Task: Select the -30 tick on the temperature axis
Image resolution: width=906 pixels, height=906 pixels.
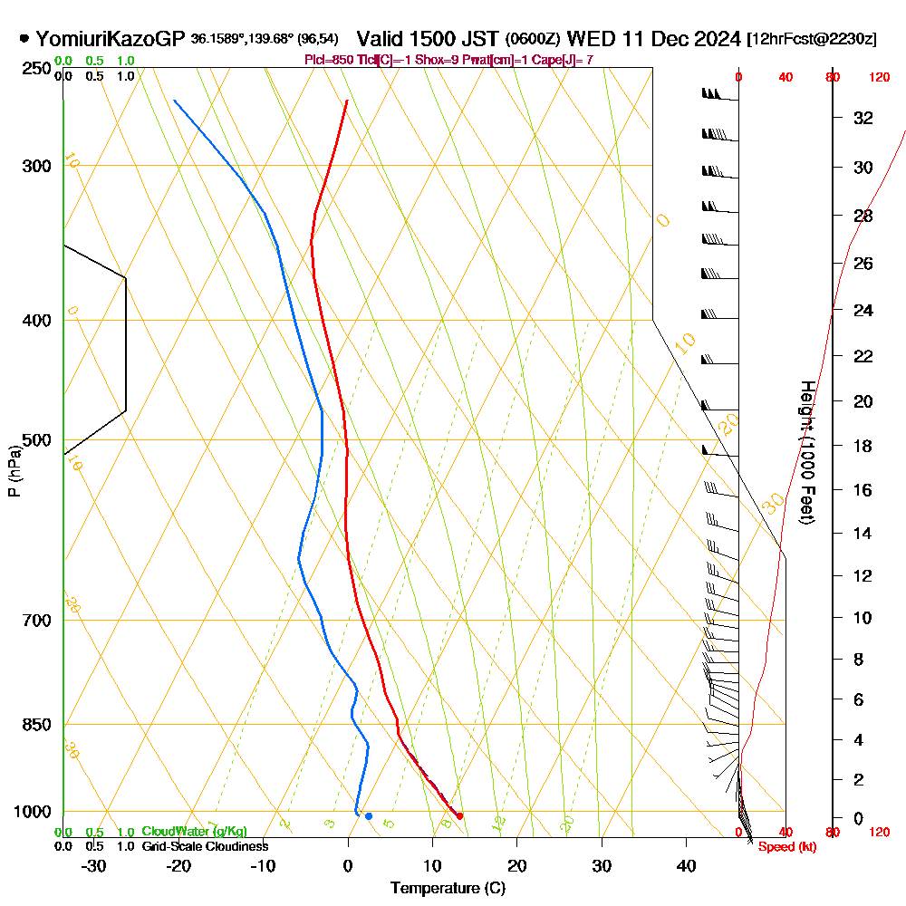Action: coord(94,865)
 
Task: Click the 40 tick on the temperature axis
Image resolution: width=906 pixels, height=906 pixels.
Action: coord(687,865)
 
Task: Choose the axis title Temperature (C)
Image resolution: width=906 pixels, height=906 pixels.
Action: coord(448,888)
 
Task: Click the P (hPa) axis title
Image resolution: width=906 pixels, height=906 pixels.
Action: coord(14,471)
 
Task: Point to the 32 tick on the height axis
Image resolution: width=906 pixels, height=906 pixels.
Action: coord(863,118)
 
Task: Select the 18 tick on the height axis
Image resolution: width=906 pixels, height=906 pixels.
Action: coord(863,446)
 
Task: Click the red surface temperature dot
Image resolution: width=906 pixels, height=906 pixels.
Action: coord(460,816)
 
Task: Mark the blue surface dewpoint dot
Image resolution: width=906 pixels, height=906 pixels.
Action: coord(368,816)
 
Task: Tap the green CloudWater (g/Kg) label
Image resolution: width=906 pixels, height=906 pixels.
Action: coord(194,832)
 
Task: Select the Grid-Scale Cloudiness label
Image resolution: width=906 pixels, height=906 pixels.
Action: coord(205,846)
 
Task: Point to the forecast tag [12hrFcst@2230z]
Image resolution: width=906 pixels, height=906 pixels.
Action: coord(811,39)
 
